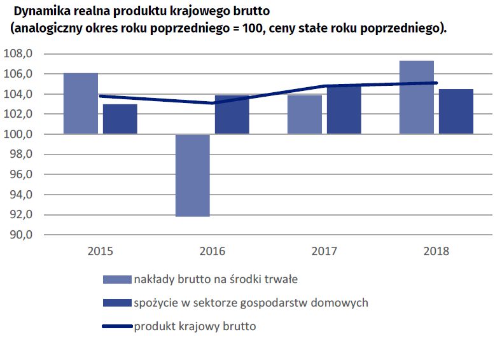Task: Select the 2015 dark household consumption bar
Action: (120, 119)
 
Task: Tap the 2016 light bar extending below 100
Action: (192, 175)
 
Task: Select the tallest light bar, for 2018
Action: (416, 97)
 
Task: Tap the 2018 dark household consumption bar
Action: (456, 111)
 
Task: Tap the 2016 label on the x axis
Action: (213, 251)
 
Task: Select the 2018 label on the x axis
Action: (436, 251)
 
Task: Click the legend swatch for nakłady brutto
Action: (116, 279)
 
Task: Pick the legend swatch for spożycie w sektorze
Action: (116, 303)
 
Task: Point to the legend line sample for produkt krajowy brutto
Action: (116, 327)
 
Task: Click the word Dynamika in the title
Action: (41, 11)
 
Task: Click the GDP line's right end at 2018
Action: (436, 83)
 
